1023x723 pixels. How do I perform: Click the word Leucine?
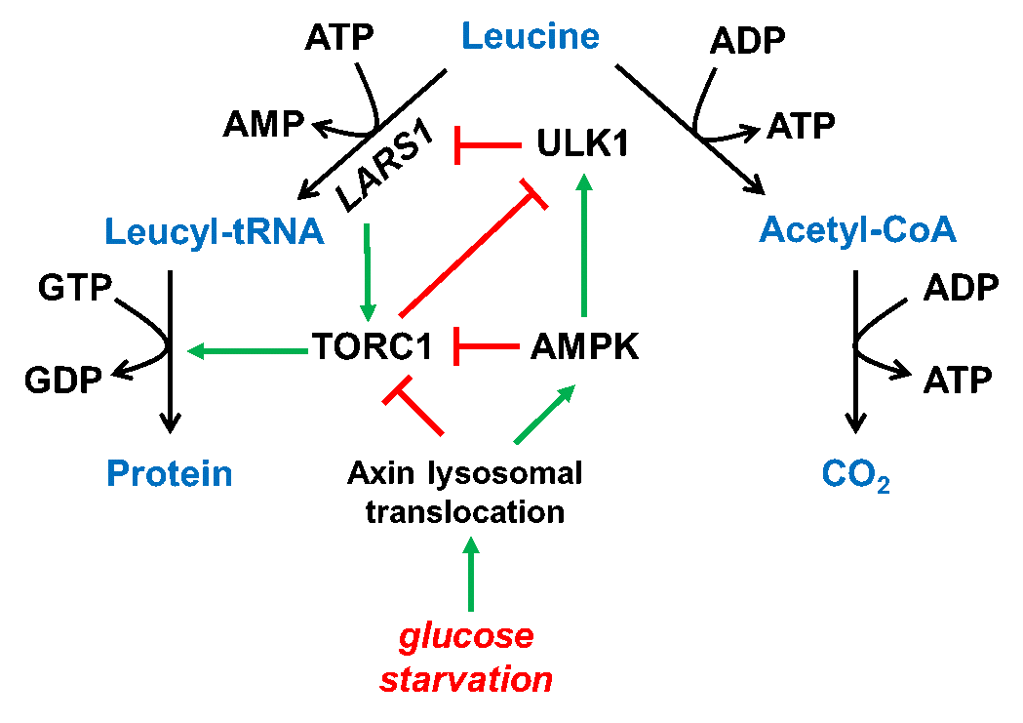coord(530,37)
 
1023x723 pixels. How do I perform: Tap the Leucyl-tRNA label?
coord(214,232)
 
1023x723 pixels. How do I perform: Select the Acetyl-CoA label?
coord(857,230)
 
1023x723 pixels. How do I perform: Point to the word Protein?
coord(170,474)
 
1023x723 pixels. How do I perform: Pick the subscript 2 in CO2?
coord(883,486)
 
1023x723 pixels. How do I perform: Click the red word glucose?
coord(466,637)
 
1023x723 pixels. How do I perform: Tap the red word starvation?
coord(466,680)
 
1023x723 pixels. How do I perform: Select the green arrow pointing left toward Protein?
coord(248,351)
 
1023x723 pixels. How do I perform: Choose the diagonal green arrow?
coord(544,415)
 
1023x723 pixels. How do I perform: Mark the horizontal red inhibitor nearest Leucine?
coord(488,145)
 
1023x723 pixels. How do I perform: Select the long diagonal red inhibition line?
coord(468,257)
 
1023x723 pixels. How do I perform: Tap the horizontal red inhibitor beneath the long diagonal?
coord(487,346)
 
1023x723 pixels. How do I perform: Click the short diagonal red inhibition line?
coord(417,409)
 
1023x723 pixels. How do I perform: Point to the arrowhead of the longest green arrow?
coord(584,182)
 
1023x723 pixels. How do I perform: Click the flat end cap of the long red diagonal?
coord(533,194)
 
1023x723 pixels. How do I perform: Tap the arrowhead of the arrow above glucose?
coord(471,544)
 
